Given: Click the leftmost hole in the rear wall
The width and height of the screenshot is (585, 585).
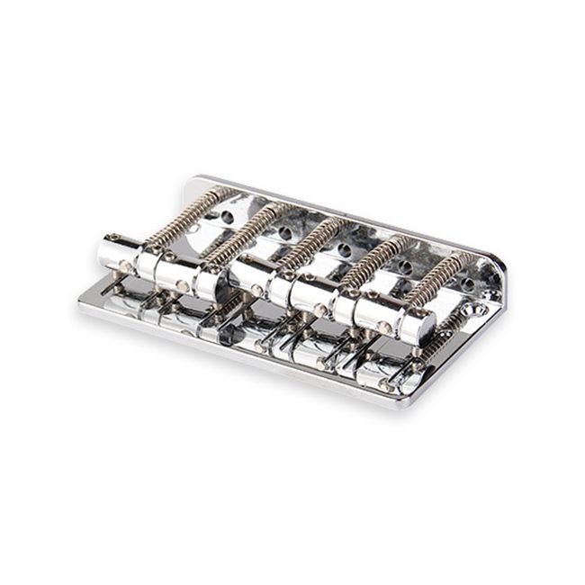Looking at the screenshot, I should pos(228,217).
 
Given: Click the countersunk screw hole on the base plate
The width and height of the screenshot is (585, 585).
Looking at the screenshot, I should pos(481,310).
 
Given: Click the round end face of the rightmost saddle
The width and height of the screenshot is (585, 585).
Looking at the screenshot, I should pos(422,327).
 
